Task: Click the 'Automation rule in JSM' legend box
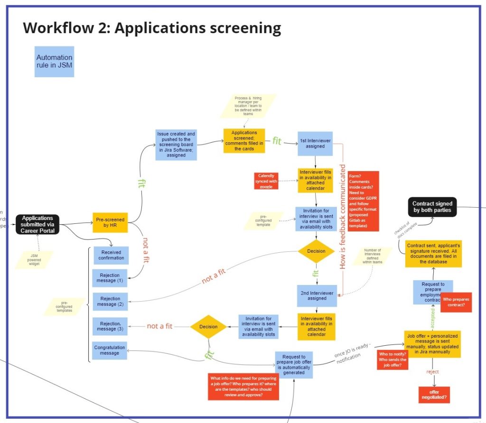pyautogui.click(x=54, y=62)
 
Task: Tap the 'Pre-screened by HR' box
pyautogui.click(x=110, y=223)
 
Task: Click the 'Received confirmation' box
pyautogui.click(x=111, y=255)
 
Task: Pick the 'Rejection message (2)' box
pyautogui.click(x=111, y=301)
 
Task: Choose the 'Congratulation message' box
pyautogui.click(x=110, y=350)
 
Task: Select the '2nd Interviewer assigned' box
pyautogui.click(x=317, y=295)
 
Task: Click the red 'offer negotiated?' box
pyautogui.click(x=434, y=394)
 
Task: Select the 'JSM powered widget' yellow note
pyautogui.click(x=34, y=259)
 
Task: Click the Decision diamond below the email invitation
pyautogui.click(x=316, y=251)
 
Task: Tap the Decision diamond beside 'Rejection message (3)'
pyautogui.click(x=208, y=326)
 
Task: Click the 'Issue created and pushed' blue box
pyautogui.click(x=176, y=145)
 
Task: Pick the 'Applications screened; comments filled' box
pyautogui.click(x=244, y=141)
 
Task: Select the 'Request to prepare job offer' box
pyautogui.click(x=294, y=364)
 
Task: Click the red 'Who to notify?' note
pyautogui.click(x=393, y=359)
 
